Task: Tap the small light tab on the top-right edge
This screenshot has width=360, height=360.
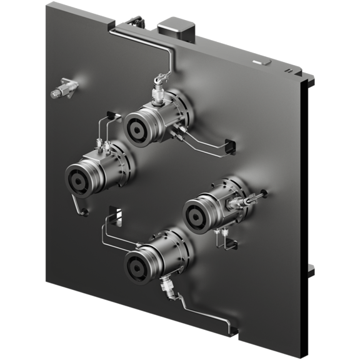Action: [x=263, y=62]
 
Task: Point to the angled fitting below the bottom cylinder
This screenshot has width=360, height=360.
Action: [x=167, y=287]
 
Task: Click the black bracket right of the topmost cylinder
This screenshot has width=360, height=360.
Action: [x=228, y=145]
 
